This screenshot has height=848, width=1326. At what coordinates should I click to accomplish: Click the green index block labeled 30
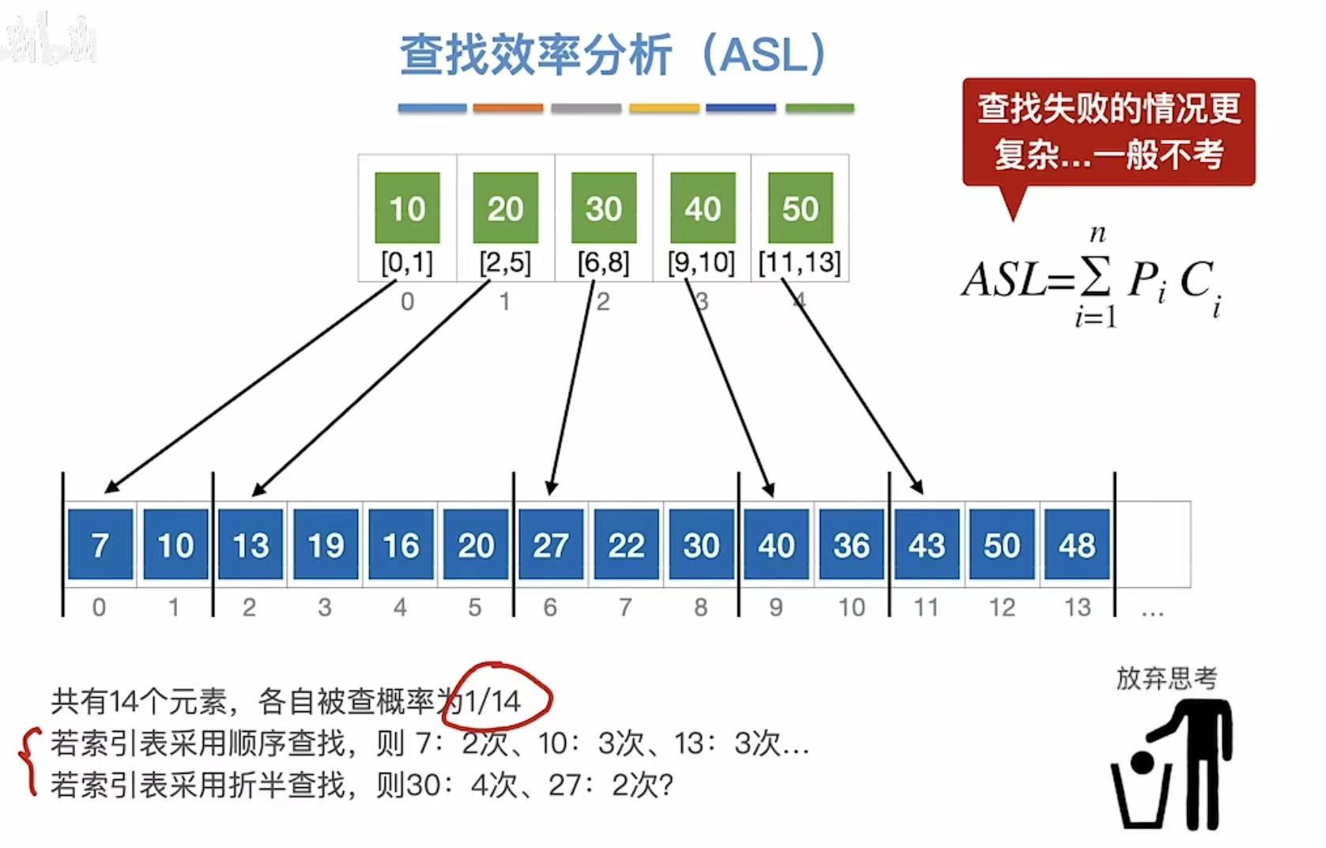604,208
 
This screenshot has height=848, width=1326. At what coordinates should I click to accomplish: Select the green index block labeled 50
800,208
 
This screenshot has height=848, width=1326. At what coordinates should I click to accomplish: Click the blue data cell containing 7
100,545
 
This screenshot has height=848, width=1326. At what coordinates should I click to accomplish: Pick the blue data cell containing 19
326,545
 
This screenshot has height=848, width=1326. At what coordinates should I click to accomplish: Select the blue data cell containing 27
551,545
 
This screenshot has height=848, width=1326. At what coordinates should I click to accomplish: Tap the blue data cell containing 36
851,545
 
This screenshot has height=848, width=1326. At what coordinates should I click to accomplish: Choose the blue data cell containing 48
1076,545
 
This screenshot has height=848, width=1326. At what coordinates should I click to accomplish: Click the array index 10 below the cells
851,607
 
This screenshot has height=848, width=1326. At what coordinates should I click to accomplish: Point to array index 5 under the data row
474,607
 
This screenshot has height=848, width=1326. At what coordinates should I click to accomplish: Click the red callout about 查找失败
1108,131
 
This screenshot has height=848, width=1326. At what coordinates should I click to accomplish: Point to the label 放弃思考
1166,677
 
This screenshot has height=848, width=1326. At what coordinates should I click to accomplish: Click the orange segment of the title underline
508,108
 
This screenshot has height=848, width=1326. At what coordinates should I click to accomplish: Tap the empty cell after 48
1152,545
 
